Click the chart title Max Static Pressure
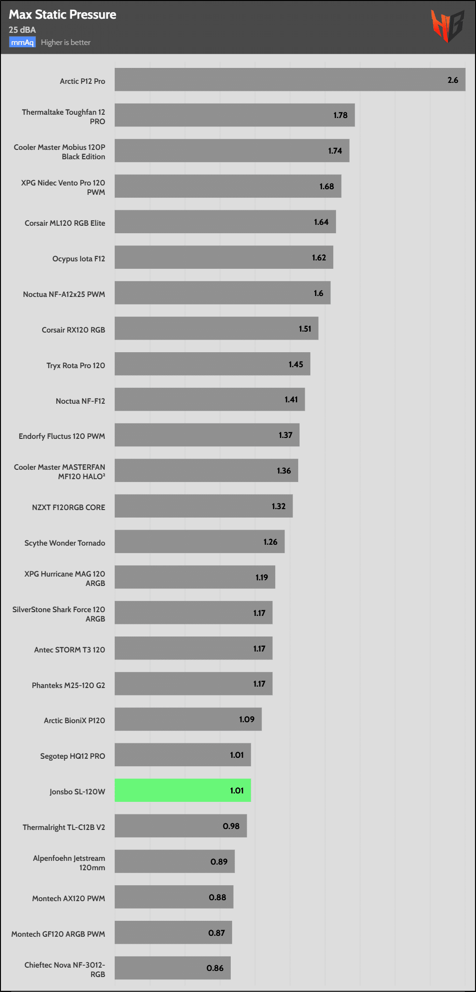[x=62, y=15]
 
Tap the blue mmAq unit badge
[x=22, y=43]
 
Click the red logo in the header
[x=447, y=26]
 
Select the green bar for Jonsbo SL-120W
[x=183, y=790]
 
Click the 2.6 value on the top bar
[x=453, y=80]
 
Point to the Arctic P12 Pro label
[x=82, y=81]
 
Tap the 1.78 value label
[x=340, y=115]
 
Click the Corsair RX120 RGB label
[x=73, y=330]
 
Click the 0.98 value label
[x=231, y=826]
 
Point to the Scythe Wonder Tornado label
[x=65, y=543]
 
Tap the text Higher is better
[x=66, y=43]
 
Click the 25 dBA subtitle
[x=22, y=30]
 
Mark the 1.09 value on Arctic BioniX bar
[x=247, y=719]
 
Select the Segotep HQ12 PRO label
[x=73, y=756]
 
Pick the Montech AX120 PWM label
[x=68, y=898]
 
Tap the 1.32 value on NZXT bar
[x=278, y=506]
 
